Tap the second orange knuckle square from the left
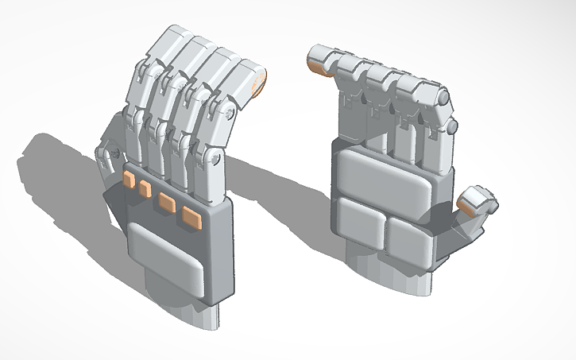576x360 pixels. click(x=145, y=189)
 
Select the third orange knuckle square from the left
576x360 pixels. click(x=167, y=202)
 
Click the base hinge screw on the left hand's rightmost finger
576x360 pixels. click(x=215, y=158)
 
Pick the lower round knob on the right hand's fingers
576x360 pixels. click(x=451, y=126)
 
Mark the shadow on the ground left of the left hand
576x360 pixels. click(x=56, y=175)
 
